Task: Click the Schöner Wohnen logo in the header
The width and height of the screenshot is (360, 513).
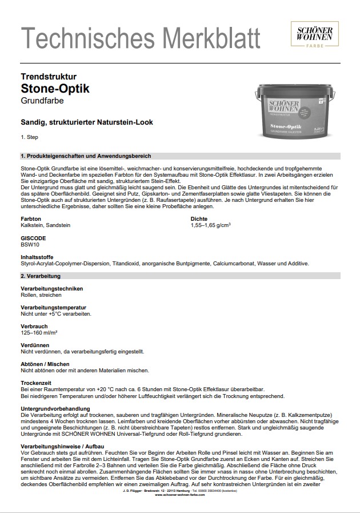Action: click(314, 35)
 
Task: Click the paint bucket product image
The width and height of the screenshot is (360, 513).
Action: click(293, 112)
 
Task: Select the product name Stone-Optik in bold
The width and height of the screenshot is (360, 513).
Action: click(55, 89)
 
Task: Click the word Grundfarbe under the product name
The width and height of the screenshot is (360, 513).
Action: click(42, 101)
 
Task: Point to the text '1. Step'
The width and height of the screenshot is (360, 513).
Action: click(30, 137)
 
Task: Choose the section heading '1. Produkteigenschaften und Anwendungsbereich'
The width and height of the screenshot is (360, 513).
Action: click(86, 156)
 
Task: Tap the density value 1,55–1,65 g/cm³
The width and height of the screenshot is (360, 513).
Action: click(210, 226)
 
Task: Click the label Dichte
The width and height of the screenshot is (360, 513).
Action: click(198, 219)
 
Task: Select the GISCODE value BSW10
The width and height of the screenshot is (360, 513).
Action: click(29, 244)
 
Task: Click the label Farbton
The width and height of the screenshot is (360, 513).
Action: click(30, 219)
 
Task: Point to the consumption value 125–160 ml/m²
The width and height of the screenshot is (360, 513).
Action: click(40, 332)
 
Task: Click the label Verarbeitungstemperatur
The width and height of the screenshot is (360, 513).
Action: click(53, 307)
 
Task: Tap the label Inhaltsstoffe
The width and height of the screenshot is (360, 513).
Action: click(38, 257)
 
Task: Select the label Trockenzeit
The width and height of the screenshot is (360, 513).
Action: click(36, 383)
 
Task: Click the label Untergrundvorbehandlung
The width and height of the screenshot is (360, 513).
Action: click(55, 408)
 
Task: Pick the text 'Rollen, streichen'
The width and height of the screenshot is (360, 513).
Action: click(41, 295)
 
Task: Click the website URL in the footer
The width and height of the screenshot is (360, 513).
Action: click(179, 495)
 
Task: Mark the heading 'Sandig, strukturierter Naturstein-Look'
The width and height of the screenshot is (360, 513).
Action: click(86, 122)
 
